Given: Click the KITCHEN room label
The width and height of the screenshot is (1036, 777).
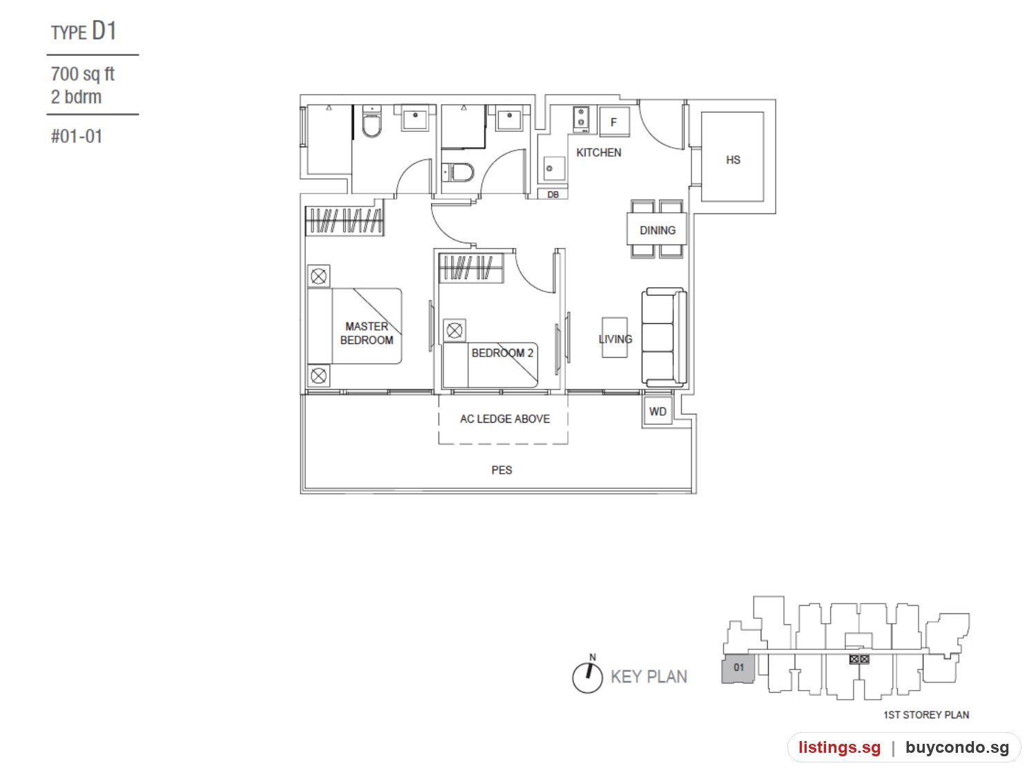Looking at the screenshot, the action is (599, 153).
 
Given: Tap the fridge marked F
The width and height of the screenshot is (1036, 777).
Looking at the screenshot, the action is (614, 122).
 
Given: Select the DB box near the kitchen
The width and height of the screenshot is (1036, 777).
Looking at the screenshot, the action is (553, 194).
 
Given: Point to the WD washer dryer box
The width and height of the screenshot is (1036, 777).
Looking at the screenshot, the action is (658, 411).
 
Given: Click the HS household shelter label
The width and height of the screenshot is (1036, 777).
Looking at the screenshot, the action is (733, 160).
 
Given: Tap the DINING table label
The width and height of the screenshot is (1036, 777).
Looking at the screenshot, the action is (657, 230).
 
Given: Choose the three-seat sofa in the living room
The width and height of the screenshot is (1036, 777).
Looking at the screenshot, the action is (664, 337).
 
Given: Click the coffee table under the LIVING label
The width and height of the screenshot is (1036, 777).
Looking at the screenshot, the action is (614, 337).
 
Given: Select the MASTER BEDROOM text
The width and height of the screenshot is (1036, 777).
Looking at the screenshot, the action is (366, 333).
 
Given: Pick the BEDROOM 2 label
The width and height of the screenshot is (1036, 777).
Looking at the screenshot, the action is (502, 352).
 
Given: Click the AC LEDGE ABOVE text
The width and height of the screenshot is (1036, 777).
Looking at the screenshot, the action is (505, 419).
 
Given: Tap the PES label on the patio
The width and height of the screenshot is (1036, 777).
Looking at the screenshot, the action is (501, 470).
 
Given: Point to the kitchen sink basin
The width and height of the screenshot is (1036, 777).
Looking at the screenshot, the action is (554, 169).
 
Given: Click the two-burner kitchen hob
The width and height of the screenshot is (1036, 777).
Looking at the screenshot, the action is (581, 118).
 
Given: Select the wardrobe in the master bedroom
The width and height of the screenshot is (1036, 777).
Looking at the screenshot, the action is (344, 220).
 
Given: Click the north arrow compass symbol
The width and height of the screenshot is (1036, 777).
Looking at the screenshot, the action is (587, 675).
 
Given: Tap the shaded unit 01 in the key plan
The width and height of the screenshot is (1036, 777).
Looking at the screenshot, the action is (738, 668).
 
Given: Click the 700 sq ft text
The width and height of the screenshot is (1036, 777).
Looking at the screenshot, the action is (82, 74).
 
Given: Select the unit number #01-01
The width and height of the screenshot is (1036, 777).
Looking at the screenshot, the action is (77, 136).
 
